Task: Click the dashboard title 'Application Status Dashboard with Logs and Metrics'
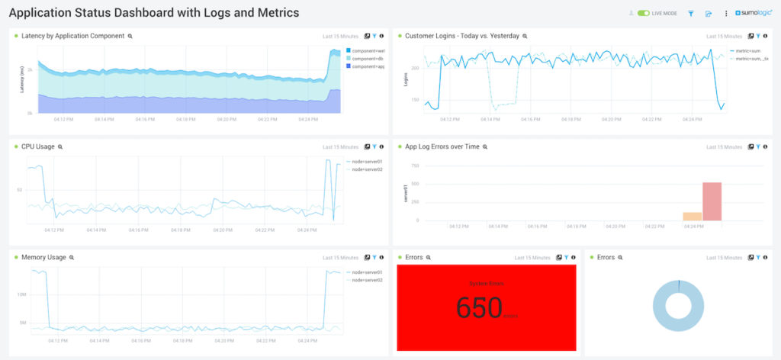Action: [153, 13]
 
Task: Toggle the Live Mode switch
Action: [644, 14]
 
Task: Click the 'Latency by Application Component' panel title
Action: [73, 36]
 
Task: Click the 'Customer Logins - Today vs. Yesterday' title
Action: [461, 36]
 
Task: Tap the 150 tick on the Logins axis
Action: [414, 100]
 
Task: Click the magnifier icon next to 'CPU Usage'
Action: [60, 146]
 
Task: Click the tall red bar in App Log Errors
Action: [712, 201]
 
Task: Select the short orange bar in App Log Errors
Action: [692, 217]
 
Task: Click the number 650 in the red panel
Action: [479, 307]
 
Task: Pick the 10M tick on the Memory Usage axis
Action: [22, 294]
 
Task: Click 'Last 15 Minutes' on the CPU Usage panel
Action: [340, 146]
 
